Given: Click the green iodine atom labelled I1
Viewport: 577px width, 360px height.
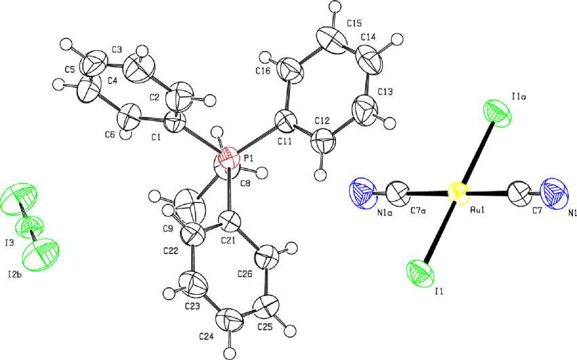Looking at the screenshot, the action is tap(419, 274).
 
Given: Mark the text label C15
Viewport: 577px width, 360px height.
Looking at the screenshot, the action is tap(354, 24).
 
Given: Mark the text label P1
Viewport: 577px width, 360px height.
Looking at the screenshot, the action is tap(248, 158).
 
